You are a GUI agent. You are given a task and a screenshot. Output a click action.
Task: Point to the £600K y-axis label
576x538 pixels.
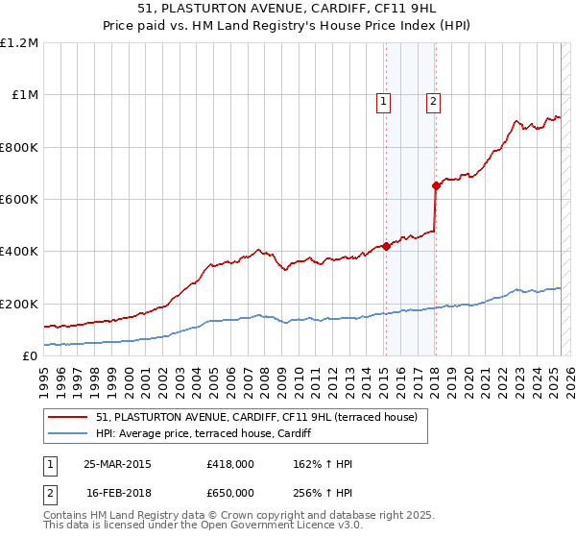coord(19,200)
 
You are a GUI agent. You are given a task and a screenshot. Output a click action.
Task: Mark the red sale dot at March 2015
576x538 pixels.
coord(386,246)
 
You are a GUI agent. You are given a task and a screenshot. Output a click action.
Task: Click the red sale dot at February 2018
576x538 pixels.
coord(436,185)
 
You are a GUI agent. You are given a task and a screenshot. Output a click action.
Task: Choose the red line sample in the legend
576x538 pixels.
coord(68,417)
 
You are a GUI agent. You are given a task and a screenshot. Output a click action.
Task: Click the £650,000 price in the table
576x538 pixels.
coord(230,492)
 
